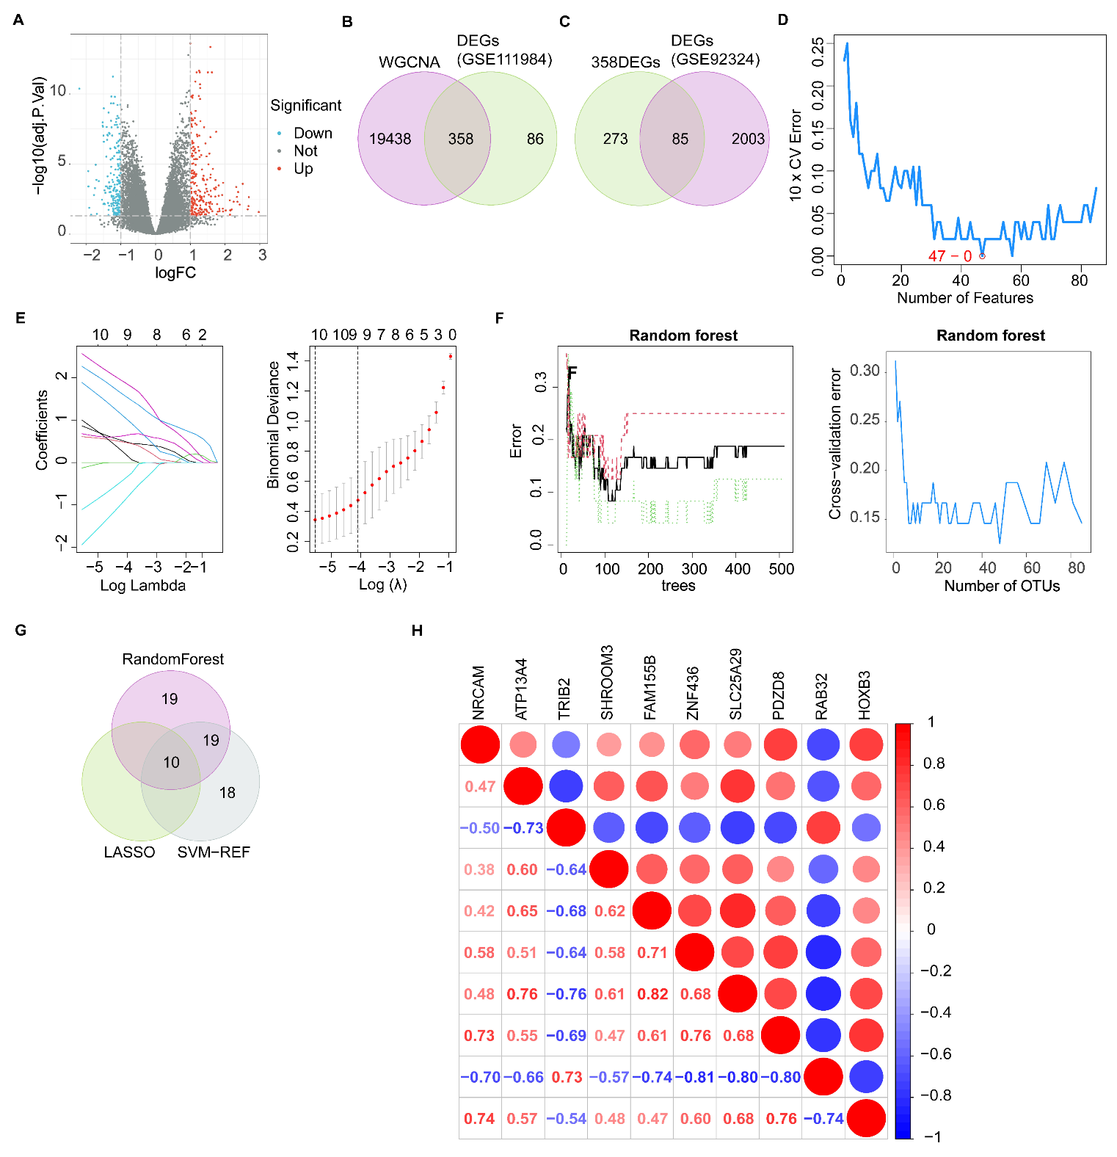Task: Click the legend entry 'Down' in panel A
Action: (313, 133)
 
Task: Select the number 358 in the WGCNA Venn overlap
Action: (461, 139)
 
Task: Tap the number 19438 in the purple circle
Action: (390, 139)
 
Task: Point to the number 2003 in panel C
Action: (748, 139)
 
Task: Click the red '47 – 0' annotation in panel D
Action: (950, 256)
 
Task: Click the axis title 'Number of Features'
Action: (964, 298)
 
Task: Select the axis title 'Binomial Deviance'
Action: (274, 425)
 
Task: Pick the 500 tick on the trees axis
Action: (781, 569)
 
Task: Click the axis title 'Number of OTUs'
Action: (1001, 586)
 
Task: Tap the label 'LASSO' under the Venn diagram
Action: (129, 852)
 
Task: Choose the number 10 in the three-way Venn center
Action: (171, 763)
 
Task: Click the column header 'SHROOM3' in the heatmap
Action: (607, 683)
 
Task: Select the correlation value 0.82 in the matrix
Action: (652, 994)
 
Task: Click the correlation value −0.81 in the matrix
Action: (694, 1077)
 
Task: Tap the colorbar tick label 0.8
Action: (934, 764)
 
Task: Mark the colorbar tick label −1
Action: (932, 1136)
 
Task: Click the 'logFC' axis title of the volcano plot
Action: (175, 273)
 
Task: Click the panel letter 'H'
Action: (417, 631)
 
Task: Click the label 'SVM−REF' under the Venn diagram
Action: (214, 852)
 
